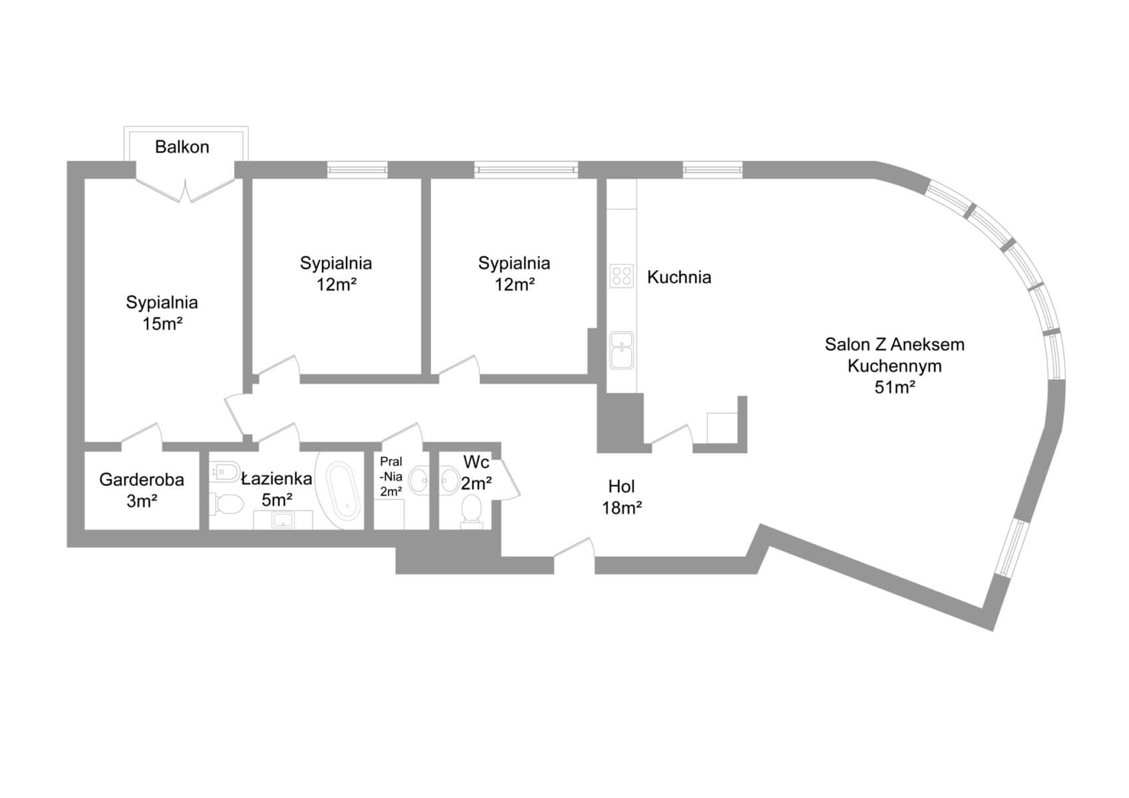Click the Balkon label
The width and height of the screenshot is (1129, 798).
pos(182,146)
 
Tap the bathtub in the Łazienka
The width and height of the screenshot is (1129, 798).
pos(344,491)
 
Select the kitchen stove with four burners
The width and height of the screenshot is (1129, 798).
pos(621,275)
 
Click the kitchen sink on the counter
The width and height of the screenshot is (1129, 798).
pos(621,350)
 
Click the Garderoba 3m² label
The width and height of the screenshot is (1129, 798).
pos(142,489)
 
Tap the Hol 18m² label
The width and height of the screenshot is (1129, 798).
pos(621,497)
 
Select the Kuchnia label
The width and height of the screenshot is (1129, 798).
pos(679,277)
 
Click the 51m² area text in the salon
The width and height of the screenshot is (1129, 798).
pos(894,387)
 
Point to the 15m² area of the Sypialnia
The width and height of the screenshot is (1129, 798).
pos(162,324)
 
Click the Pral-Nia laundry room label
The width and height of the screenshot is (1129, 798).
pos(391,477)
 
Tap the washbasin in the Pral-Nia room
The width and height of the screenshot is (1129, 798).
pos(419,479)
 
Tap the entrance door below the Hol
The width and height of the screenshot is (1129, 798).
pos(573,552)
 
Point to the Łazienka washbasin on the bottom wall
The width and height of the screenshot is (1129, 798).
pos(283,519)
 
